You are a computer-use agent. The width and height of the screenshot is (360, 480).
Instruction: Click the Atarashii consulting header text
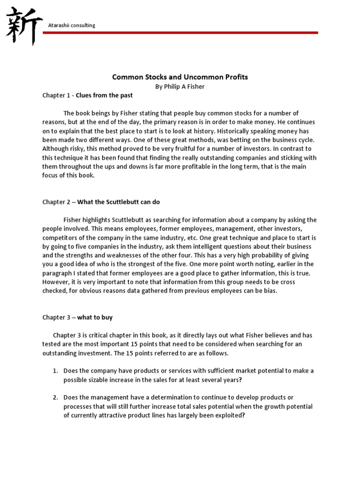pos(72,25)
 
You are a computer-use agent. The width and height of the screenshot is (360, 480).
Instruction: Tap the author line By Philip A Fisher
pos(180,86)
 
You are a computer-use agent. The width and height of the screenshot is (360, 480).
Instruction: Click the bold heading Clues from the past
pos(104,95)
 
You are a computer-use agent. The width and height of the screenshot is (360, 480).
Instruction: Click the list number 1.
pos(55,371)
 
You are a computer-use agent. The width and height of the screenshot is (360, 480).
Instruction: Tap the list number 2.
pos(55,397)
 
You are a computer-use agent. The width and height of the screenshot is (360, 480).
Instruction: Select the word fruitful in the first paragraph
pos(177,149)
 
